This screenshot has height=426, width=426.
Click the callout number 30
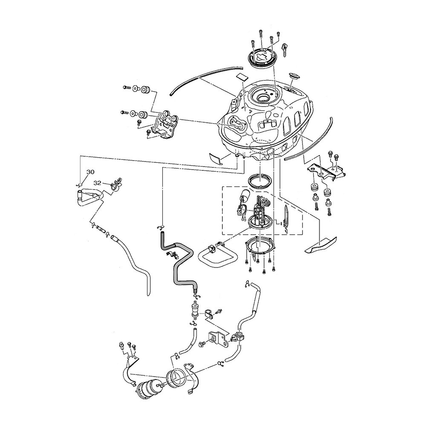tap(90, 172)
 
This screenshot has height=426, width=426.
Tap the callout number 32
tap(97, 182)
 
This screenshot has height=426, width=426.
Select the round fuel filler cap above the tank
tap(263, 58)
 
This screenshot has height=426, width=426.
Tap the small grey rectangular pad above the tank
tap(243, 77)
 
